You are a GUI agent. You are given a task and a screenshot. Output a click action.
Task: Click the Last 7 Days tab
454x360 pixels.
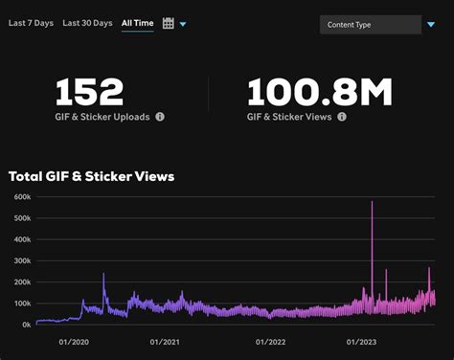click(30, 22)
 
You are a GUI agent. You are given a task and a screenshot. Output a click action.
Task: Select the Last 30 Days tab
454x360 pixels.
click(86, 22)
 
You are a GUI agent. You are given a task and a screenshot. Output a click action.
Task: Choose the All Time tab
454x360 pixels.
click(137, 22)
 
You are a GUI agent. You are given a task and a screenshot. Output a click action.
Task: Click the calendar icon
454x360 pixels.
click(169, 23)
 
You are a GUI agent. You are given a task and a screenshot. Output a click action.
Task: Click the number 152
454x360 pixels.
click(89, 92)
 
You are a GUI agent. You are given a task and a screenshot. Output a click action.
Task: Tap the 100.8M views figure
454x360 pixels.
click(320, 92)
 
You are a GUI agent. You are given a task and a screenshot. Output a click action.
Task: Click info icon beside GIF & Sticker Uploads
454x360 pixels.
click(160, 117)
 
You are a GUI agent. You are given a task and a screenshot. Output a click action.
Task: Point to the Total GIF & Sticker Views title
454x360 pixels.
click(91, 176)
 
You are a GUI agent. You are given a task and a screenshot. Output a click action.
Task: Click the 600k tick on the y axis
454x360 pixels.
click(22, 197)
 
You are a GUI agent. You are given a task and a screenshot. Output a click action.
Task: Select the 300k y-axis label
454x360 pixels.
click(22, 260)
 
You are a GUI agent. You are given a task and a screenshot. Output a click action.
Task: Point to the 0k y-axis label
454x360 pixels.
click(26, 325)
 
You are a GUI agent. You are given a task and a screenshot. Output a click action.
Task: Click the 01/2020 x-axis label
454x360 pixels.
click(74, 341)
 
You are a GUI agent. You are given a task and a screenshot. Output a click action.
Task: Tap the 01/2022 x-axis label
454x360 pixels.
click(272, 341)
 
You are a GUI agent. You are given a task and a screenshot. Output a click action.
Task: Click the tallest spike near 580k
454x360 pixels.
click(372, 203)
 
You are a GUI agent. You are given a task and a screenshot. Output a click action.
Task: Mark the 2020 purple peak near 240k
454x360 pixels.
click(103, 275)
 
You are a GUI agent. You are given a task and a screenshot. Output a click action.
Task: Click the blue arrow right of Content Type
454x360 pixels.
click(431, 25)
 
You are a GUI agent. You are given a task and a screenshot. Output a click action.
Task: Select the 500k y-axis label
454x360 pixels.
click(22, 218)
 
